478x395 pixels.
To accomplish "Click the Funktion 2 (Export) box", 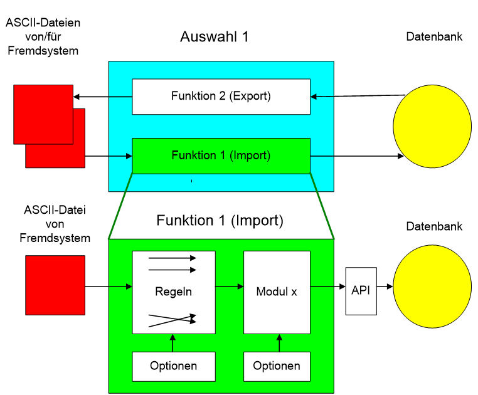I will (x=221, y=97).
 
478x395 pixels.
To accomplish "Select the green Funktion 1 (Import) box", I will (x=221, y=155).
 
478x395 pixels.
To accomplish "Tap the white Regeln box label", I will (x=173, y=292).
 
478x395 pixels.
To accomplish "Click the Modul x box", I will (x=277, y=292).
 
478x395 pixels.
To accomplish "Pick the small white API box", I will (x=361, y=291).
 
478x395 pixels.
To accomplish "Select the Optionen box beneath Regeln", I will (x=173, y=366).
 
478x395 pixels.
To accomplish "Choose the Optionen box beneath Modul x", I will (x=277, y=366).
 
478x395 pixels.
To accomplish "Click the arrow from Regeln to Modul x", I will (x=230, y=287).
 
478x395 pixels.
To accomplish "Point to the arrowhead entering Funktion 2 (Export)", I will (x=314, y=97).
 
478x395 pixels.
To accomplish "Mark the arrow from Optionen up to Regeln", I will (x=173, y=343).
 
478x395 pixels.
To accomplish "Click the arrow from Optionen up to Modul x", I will (x=279, y=343).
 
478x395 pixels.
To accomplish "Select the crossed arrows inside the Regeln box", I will (x=173, y=320).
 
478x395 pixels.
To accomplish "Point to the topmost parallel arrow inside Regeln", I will (x=173, y=258).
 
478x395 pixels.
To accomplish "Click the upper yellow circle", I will (x=432, y=126).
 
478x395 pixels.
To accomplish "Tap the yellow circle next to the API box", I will (x=432, y=287).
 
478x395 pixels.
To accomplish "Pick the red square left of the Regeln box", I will (x=55, y=285).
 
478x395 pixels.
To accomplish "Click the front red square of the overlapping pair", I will (x=43, y=114).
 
